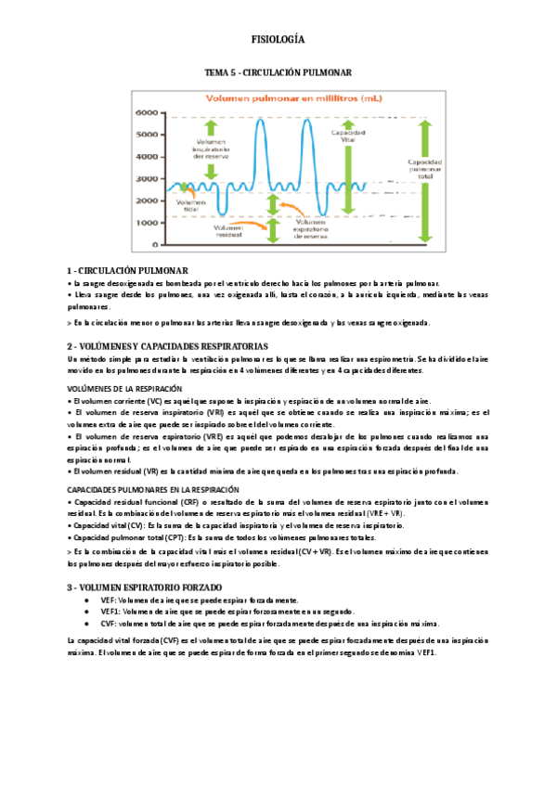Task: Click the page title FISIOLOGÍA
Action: point(278,40)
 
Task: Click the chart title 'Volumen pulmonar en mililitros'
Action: point(278,97)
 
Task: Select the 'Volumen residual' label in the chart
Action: point(228,231)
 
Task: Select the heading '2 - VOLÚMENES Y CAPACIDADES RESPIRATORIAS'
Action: point(168,345)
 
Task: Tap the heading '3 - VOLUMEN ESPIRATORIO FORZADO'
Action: point(145,587)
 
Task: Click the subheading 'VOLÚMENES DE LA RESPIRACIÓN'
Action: point(125,388)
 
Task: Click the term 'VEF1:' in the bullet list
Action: point(110,612)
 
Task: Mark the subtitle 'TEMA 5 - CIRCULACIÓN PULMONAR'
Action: point(278,71)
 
